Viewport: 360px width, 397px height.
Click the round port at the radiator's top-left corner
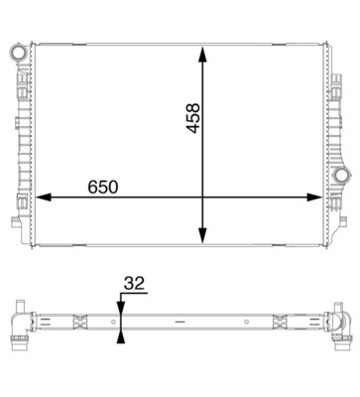click(x=18, y=49)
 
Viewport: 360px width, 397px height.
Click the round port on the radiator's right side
click(x=342, y=177)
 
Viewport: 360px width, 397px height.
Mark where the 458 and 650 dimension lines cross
click(x=204, y=198)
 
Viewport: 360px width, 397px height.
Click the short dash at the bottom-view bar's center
click(x=179, y=322)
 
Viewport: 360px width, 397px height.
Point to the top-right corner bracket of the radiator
click(x=333, y=47)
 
